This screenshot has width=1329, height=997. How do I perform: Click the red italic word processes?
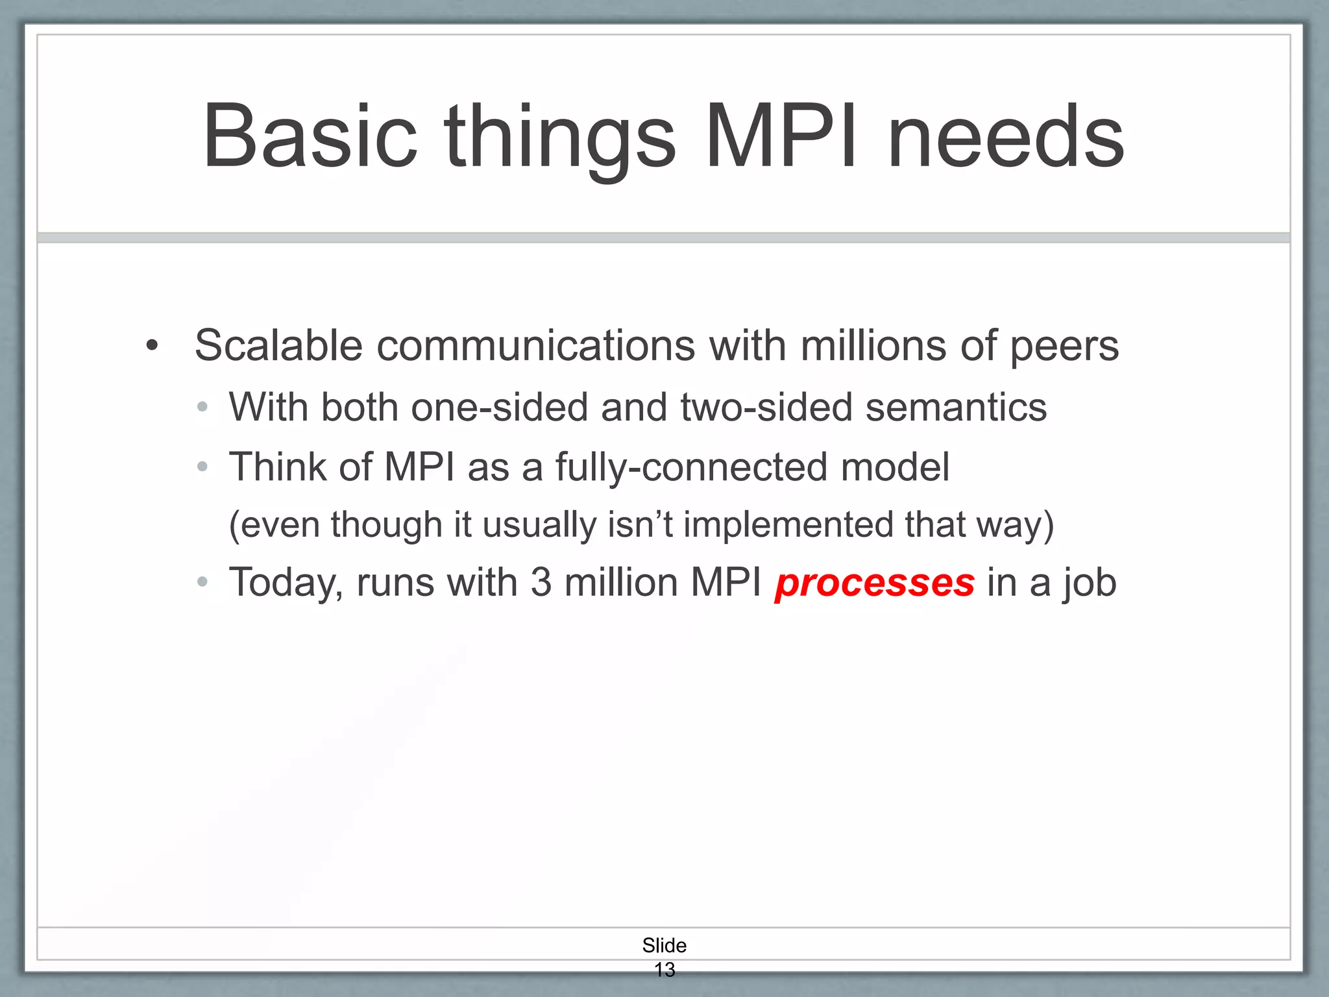874,582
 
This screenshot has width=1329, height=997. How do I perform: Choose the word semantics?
956,407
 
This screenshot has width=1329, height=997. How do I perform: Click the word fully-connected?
692,467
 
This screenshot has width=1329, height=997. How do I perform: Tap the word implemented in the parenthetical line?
788,524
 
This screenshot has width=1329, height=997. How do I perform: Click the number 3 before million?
541,582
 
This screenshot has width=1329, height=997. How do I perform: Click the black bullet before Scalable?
152,345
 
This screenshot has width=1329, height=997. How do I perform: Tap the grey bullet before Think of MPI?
202,467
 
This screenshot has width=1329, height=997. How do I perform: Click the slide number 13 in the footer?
664,970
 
